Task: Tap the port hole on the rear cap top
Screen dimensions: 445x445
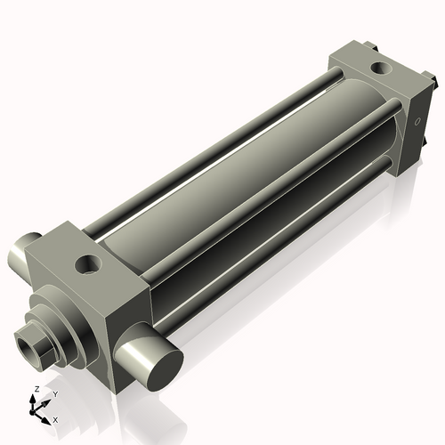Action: pos(381,67)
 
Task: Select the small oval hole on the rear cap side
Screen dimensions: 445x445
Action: pos(416,121)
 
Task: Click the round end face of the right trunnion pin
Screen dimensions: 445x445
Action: pos(163,362)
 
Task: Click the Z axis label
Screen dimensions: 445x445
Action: pos(35,390)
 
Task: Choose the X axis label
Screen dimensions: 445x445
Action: pos(55,418)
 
